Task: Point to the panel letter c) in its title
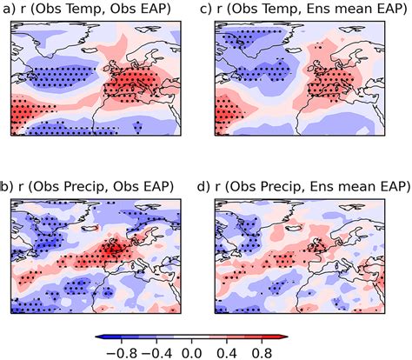coord(207,9)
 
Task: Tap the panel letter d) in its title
coord(203,186)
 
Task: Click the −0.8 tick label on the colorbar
coord(122,353)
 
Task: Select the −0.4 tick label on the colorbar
coord(156,353)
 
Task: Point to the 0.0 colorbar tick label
coord(191,353)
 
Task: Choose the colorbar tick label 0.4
coord(227,353)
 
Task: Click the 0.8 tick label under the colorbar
coord(262,353)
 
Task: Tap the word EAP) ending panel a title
coord(156,9)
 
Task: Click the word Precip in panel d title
coord(284,187)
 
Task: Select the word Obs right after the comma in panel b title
coord(125,186)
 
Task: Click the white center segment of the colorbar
coord(191,337)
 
